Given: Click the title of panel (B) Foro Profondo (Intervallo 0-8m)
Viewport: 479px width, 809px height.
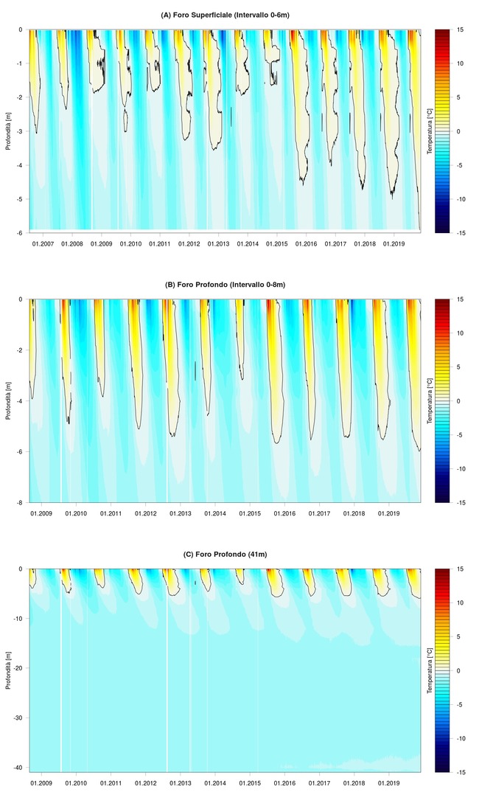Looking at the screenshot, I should click(224, 285).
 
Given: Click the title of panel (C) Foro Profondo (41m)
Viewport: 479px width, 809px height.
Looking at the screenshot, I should click(224, 554).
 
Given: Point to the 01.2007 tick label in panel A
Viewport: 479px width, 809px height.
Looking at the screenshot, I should click(42, 243).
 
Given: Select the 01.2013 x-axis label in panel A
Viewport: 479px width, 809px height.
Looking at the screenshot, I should click(218, 243).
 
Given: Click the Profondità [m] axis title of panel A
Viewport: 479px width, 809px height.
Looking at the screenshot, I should click(8, 131).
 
